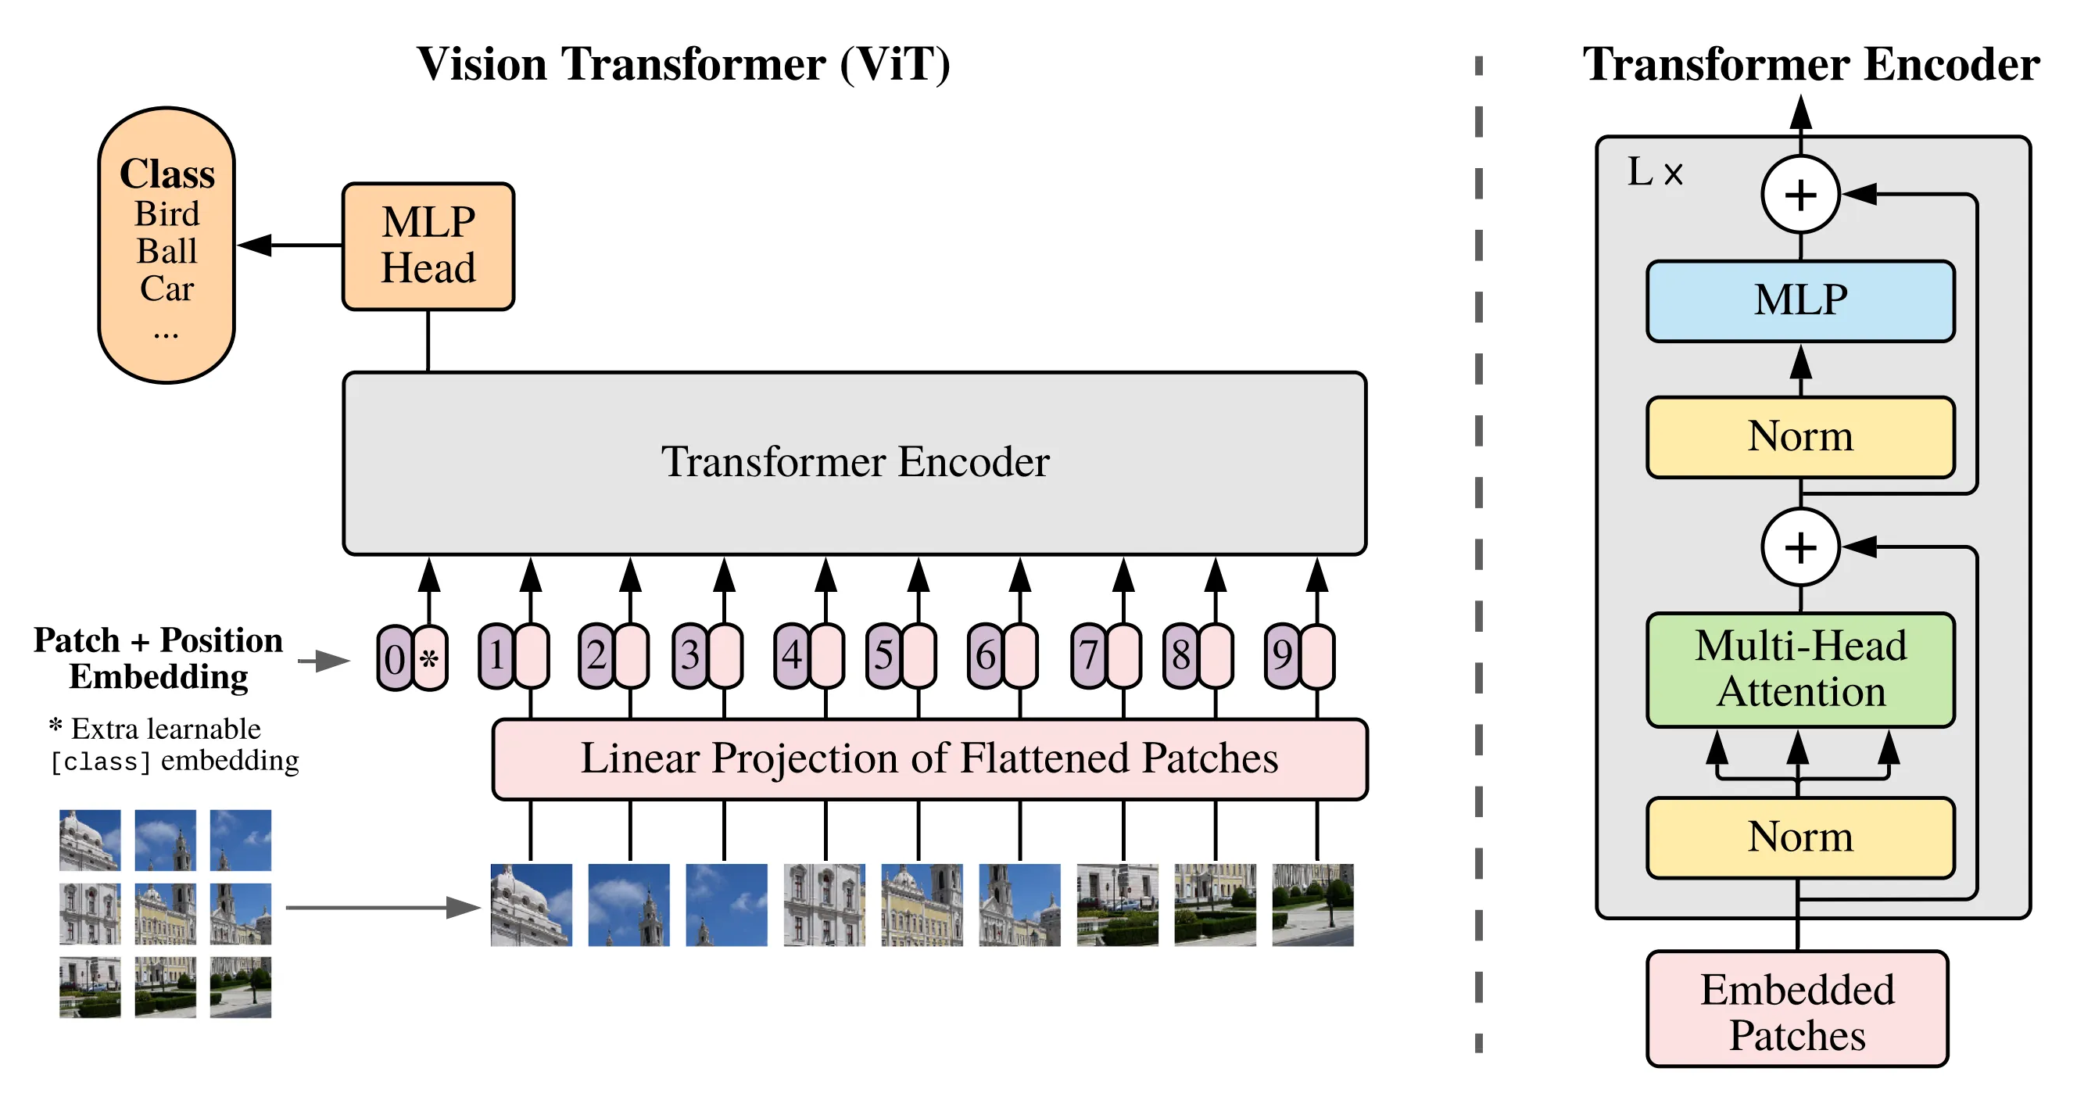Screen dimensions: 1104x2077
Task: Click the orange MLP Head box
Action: (428, 246)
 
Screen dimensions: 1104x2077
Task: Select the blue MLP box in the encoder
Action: (1799, 301)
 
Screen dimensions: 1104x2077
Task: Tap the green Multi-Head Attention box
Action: (1799, 669)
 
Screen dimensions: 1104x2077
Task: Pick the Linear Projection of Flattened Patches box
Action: (929, 759)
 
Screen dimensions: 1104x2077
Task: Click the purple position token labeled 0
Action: (394, 658)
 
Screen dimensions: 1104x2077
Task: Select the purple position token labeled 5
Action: (883, 655)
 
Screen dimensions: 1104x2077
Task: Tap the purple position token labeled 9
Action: (1282, 655)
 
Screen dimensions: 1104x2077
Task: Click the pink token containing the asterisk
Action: (430, 658)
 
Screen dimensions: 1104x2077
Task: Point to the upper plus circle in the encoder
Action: (1799, 195)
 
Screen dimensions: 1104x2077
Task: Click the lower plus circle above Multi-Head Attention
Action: (1799, 547)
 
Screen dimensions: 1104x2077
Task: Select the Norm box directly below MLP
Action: (1799, 437)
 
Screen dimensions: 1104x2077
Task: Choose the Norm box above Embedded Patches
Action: (1799, 837)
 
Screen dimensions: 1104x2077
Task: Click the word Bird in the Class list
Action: (167, 214)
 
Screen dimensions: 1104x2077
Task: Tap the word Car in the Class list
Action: (167, 289)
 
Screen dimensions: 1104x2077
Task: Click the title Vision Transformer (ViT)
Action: (683, 65)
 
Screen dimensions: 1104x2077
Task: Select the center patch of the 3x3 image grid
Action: (165, 913)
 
